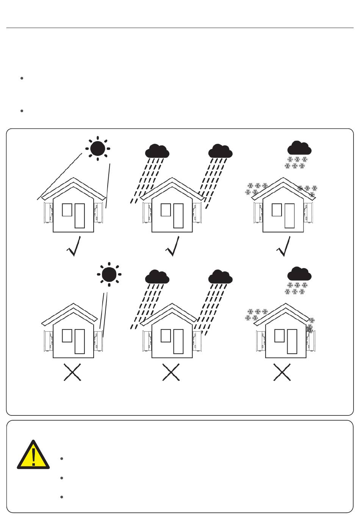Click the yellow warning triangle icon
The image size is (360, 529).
click(33, 456)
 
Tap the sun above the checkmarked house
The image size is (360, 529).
click(97, 148)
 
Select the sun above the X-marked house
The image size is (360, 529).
click(109, 274)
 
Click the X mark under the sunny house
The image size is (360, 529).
click(72, 373)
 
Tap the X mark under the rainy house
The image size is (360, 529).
click(171, 373)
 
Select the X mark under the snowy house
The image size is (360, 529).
click(282, 373)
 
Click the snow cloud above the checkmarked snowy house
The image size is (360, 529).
click(299, 148)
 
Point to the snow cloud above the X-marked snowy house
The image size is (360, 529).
click(299, 274)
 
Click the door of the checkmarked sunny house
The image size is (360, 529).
click(80, 216)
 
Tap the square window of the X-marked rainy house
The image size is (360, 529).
click(166, 336)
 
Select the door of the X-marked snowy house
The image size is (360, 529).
click(292, 342)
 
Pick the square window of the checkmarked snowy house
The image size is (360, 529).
click(277, 210)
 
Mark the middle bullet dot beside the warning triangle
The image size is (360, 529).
click(61, 478)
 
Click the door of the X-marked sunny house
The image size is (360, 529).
click(80, 342)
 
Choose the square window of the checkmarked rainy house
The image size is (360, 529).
click(166, 210)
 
